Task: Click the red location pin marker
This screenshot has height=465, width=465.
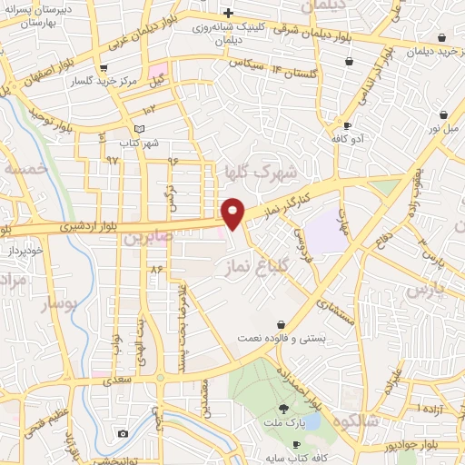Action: [x=233, y=213]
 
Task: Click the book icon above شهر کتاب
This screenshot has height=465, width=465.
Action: [x=138, y=129]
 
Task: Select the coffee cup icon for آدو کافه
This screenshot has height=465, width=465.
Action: [x=348, y=124]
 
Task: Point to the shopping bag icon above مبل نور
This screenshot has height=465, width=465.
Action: [x=442, y=114]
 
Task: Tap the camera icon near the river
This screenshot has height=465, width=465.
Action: [x=123, y=433]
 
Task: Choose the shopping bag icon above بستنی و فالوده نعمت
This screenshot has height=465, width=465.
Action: [x=282, y=323]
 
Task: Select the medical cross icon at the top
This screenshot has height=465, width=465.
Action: [x=228, y=13]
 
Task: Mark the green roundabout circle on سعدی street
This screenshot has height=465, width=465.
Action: [x=161, y=377]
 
